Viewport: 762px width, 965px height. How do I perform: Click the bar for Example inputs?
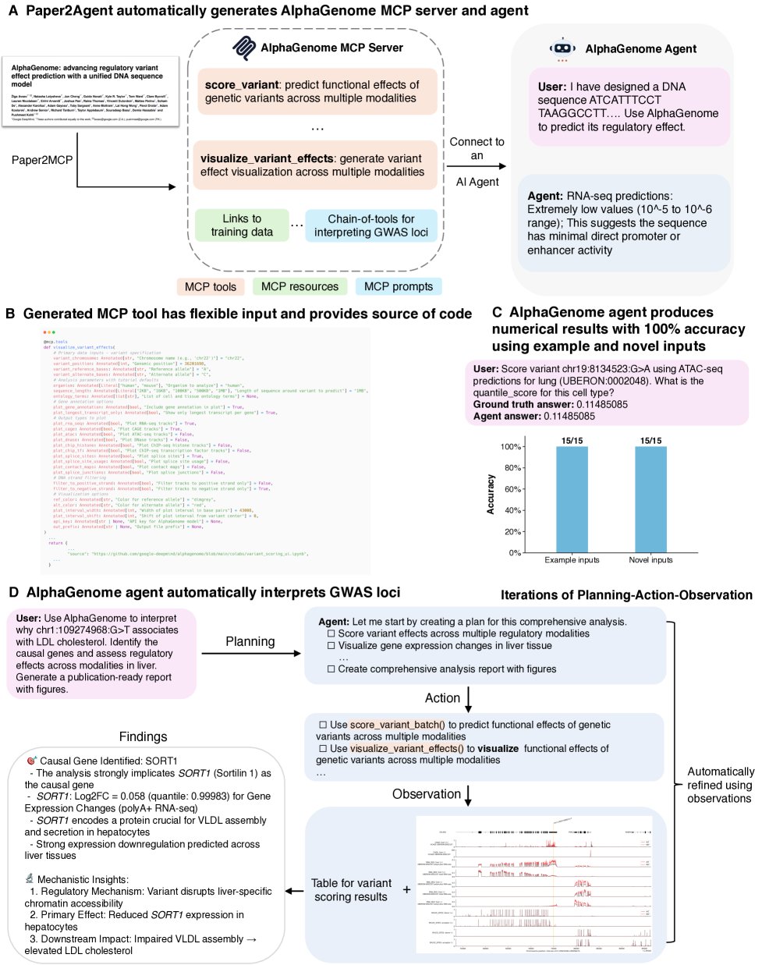[x=572, y=499]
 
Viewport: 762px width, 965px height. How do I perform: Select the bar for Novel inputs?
[x=650, y=499]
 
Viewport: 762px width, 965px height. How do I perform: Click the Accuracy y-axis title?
[x=491, y=494]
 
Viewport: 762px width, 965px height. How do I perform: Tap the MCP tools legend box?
[x=211, y=286]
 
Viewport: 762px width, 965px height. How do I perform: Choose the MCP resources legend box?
[x=299, y=286]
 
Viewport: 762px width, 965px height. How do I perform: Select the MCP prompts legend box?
[x=398, y=286]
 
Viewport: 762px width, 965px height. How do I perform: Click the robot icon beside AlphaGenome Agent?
[x=562, y=48]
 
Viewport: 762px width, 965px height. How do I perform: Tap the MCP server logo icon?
[x=244, y=48]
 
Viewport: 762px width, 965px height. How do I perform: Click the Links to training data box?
[x=241, y=225]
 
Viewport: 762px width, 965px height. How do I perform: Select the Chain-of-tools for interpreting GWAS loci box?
[x=370, y=225]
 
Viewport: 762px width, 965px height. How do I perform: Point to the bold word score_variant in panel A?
[x=241, y=84]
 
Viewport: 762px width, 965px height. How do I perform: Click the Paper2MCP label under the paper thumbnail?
[x=42, y=160]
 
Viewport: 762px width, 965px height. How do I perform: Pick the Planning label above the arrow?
[x=250, y=641]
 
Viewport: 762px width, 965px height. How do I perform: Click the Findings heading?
[x=143, y=736]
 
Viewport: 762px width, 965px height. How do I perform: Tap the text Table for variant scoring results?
[x=351, y=889]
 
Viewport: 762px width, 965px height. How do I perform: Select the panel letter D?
[x=13, y=593]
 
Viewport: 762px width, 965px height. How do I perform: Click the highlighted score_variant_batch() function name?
[x=397, y=725]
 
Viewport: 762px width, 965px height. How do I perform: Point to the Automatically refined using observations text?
[x=720, y=785]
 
